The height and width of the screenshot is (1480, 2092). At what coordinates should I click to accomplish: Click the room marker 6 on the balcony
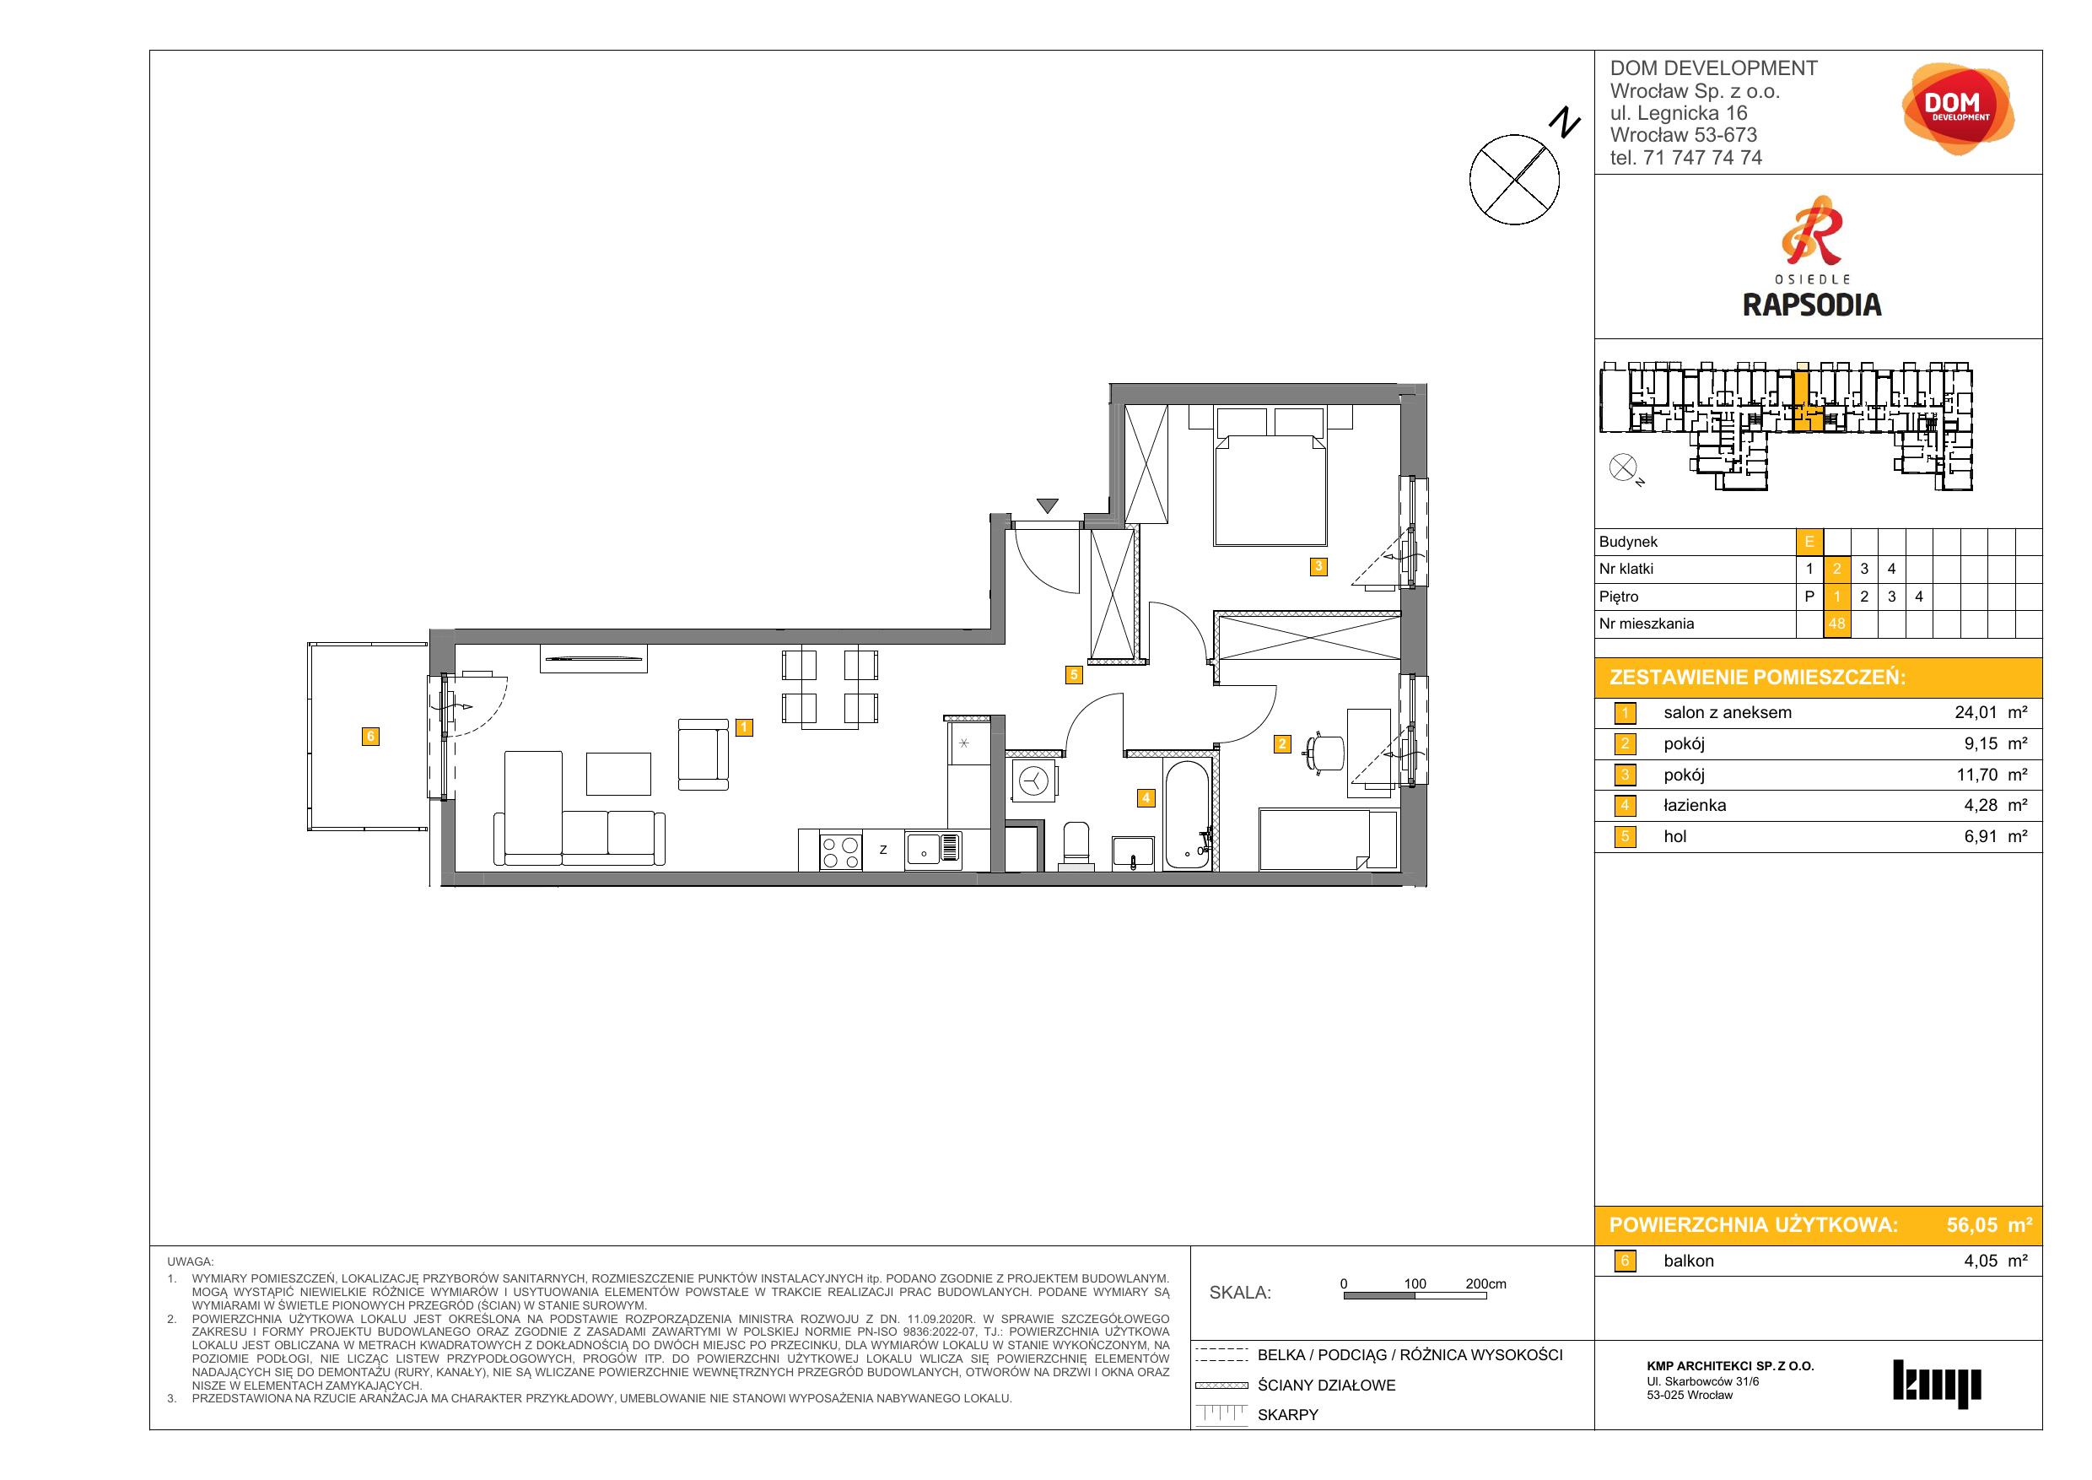[x=370, y=737]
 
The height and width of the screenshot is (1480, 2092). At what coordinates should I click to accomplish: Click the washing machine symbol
[x=1034, y=781]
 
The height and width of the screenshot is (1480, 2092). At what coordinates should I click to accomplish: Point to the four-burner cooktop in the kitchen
[x=841, y=851]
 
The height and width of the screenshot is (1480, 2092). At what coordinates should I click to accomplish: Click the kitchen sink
[x=933, y=851]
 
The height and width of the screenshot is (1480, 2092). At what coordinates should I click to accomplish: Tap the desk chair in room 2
[x=1327, y=752]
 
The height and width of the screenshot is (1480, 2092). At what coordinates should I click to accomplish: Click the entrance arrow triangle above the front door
[x=1047, y=505]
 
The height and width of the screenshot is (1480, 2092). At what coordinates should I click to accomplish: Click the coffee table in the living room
[x=618, y=774]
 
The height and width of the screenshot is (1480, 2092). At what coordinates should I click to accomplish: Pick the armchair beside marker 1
[x=704, y=754]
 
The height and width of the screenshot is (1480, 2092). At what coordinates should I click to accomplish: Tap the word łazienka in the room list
[x=1695, y=806]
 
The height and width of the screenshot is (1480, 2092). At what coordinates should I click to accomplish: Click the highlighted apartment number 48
[x=1836, y=624]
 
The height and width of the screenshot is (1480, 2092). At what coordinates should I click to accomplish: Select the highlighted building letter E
[x=1809, y=543]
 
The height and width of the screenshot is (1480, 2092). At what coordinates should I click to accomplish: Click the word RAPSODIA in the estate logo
[x=1811, y=305]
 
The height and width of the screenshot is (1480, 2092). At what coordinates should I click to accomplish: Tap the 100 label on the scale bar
[x=1415, y=1284]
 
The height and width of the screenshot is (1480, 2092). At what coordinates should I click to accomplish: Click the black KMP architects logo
[x=1937, y=1384]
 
